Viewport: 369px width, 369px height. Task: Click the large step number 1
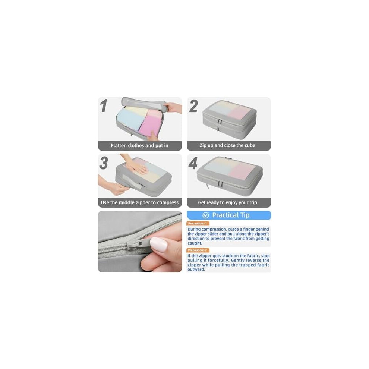(x=104, y=105)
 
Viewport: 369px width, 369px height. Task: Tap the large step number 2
(x=193, y=106)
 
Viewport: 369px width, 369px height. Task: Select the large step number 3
(x=104, y=163)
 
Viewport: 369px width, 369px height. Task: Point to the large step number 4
(x=193, y=163)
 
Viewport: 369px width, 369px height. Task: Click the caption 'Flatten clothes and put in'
(x=139, y=146)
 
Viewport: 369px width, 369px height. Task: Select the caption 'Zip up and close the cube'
(x=227, y=145)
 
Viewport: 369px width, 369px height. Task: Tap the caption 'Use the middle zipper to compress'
(x=139, y=202)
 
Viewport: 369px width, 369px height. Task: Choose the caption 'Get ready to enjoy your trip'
(x=227, y=202)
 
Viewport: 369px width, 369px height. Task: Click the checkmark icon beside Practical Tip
(x=206, y=215)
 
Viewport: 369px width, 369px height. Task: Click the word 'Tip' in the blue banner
(x=245, y=215)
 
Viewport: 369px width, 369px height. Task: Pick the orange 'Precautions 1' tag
(x=198, y=223)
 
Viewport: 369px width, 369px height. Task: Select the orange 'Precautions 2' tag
(x=198, y=250)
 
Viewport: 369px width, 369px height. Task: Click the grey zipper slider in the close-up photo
(x=136, y=245)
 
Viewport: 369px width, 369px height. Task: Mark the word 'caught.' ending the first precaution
(x=195, y=243)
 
